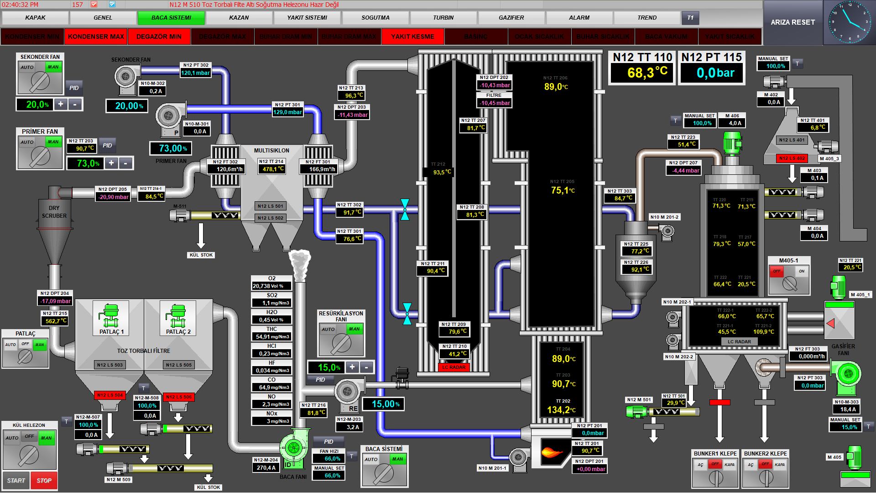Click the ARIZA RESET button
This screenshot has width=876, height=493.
(x=793, y=22)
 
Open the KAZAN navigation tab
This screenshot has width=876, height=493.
(x=239, y=18)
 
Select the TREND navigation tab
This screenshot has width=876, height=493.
(x=647, y=18)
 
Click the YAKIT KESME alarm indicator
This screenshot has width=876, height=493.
(x=412, y=37)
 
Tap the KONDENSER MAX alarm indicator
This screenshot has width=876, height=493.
(x=96, y=37)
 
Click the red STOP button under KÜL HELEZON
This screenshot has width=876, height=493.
(x=44, y=480)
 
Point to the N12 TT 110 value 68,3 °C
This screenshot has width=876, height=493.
(x=641, y=73)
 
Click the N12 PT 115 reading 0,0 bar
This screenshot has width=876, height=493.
(x=712, y=73)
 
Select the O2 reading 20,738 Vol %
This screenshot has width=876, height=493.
(x=271, y=286)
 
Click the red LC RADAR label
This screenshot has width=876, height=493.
(x=454, y=367)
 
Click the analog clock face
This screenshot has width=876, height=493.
(x=849, y=22)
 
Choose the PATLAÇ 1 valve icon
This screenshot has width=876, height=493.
(x=110, y=315)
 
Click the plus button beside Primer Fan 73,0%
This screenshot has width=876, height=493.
(x=111, y=163)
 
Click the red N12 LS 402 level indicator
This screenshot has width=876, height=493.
(x=792, y=158)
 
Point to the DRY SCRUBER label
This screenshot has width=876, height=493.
(x=54, y=212)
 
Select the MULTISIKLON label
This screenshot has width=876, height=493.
(x=271, y=150)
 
